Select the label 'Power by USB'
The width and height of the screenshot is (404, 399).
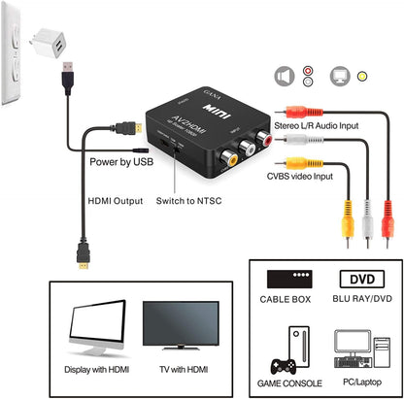(121, 162)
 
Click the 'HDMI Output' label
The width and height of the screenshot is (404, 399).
(110, 202)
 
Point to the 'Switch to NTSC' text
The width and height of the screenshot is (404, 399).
(190, 202)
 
